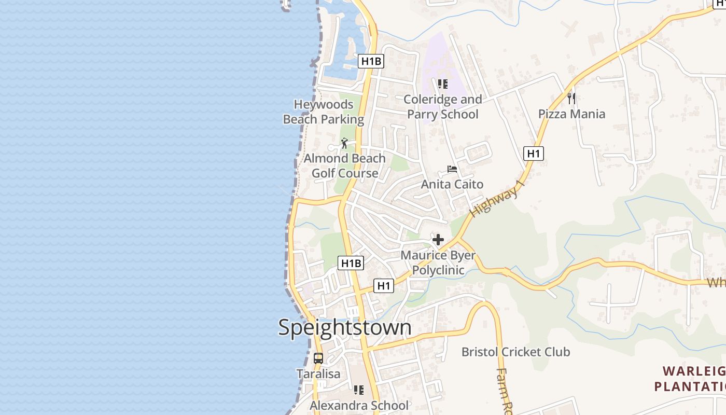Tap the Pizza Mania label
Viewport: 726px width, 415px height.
tap(571, 114)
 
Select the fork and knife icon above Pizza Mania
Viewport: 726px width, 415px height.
tap(571, 98)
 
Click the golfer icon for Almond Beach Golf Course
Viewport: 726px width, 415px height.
tap(345, 143)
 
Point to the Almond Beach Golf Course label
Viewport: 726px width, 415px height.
tap(345, 165)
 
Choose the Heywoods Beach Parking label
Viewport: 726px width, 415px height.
tap(324, 112)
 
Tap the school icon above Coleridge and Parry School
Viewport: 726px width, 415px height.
tap(442, 84)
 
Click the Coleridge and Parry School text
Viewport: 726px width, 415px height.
tap(442, 106)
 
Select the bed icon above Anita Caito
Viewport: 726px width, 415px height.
tap(452, 169)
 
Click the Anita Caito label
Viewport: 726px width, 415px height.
tap(452, 184)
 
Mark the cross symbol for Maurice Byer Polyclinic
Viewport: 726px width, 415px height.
tap(438, 240)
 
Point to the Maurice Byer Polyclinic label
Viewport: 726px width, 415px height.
tap(438, 262)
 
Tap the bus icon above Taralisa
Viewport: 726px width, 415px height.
tap(318, 358)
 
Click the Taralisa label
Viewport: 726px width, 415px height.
tap(318, 374)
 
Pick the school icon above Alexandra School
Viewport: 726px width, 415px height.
tap(358, 390)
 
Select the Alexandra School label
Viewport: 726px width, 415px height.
tap(359, 405)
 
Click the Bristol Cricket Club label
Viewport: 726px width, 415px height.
tap(516, 352)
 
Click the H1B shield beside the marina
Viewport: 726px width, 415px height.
tap(371, 61)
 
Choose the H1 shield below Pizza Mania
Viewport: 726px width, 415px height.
tap(534, 153)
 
